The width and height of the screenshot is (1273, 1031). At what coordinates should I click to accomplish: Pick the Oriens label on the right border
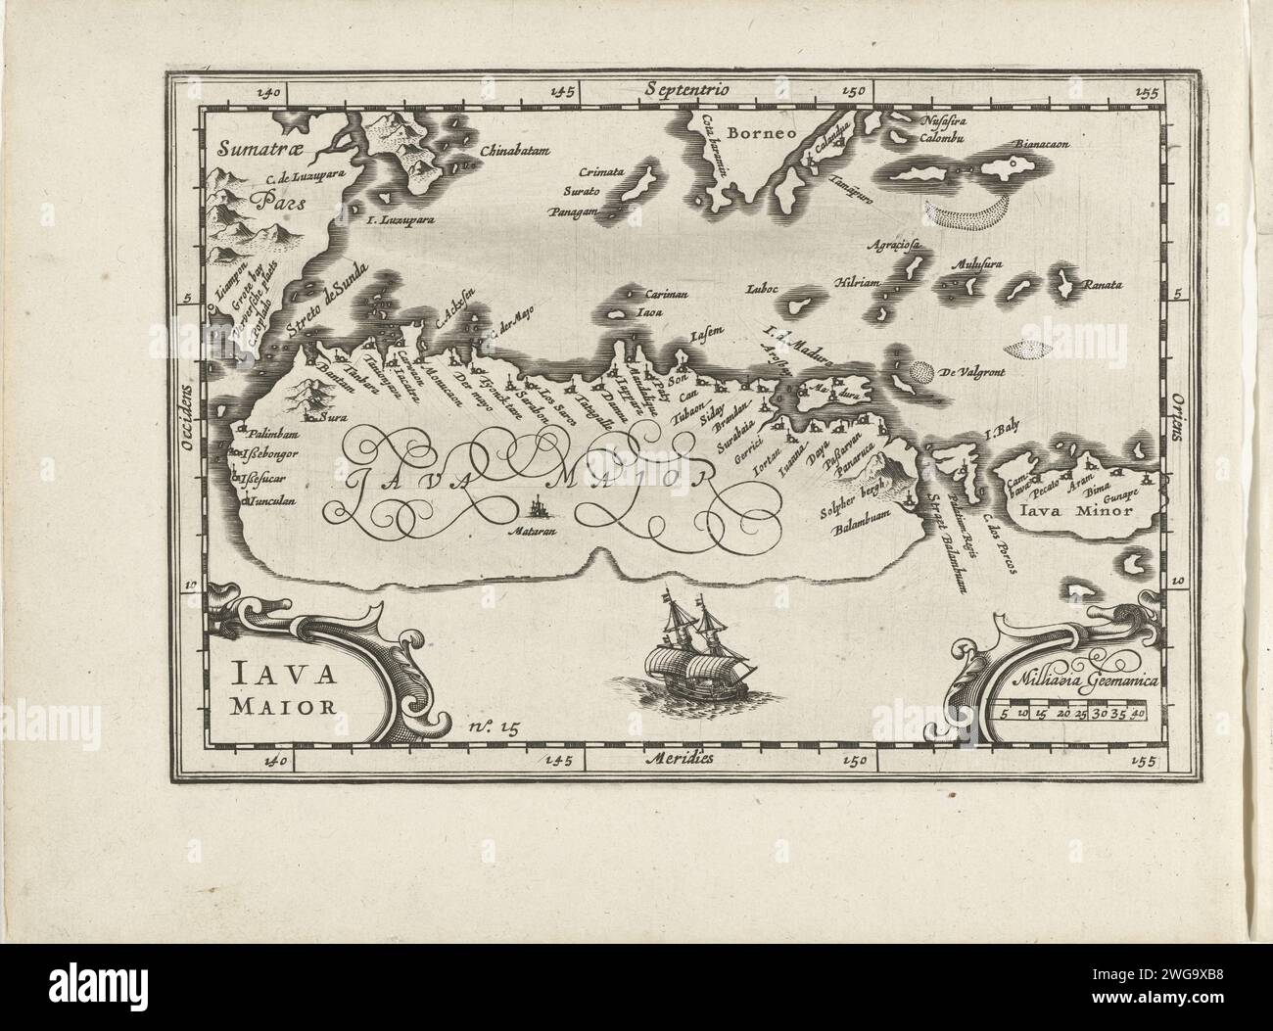click(1173, 422)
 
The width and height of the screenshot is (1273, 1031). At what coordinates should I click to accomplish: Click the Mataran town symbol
click(538, 508)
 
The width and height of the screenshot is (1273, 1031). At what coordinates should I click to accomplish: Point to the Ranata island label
click(1101, 287)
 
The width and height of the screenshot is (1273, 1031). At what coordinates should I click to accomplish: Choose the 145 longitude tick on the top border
click(561, 93)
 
